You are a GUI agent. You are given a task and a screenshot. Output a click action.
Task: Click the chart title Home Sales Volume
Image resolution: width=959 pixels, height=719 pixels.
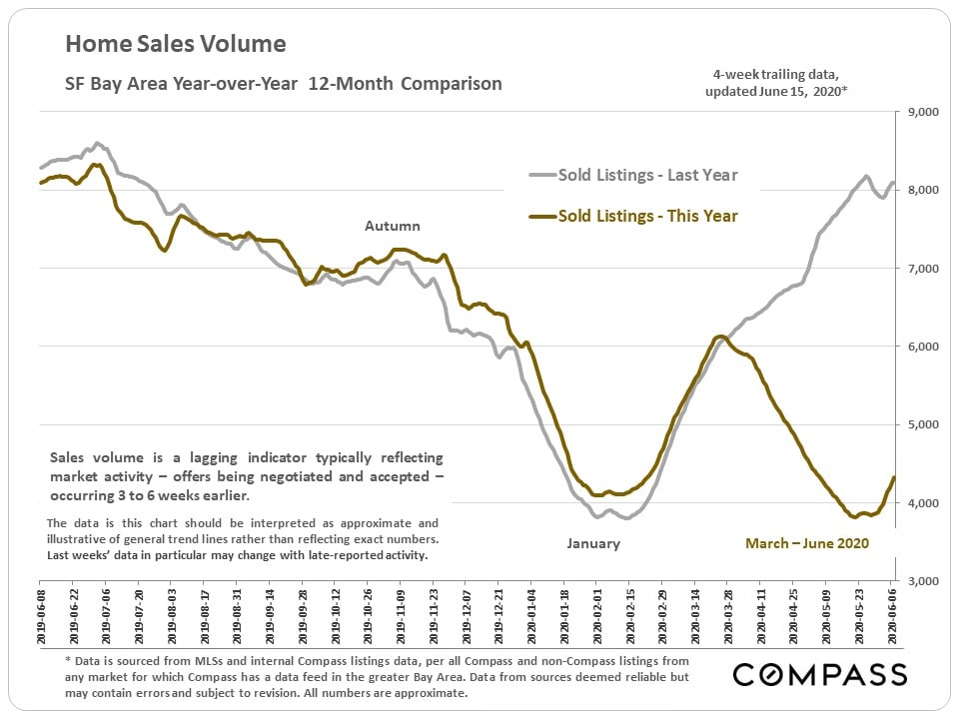pos(176,44)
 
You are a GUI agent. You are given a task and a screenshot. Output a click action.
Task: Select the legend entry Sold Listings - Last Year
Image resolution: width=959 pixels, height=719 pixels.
pos(647,176)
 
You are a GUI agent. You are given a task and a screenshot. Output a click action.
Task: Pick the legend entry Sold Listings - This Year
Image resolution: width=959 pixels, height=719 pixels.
pos(647,215)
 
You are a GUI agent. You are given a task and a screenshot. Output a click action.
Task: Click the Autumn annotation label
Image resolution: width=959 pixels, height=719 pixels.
pos(392,227)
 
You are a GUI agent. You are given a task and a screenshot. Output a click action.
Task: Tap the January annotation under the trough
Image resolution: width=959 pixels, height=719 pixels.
pos(593,543)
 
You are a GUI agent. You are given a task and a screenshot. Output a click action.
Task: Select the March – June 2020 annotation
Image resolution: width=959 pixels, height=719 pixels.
pos(807,543)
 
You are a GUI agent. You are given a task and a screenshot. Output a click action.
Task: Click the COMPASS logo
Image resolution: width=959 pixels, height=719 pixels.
pos(820,675)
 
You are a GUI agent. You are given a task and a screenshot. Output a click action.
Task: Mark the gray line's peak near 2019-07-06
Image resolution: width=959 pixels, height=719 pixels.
pos(96,143)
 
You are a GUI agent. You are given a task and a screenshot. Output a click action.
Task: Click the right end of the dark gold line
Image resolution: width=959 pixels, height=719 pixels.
pos(893,477)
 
